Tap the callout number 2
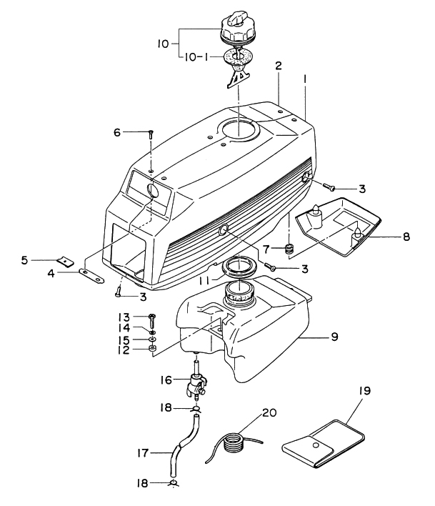(x=279, y=65)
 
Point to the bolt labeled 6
(x=151, y=133)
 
